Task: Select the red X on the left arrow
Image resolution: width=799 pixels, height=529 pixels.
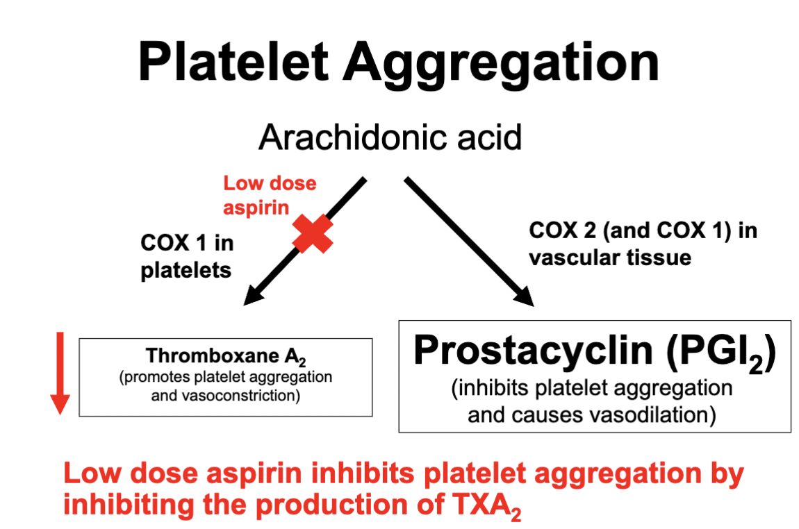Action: [313, 233]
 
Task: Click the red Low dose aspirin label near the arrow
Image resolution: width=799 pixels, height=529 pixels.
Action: [269, 195]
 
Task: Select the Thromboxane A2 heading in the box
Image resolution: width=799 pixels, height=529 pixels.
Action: [226, 357]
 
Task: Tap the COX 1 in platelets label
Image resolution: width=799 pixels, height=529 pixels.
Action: [187, 256]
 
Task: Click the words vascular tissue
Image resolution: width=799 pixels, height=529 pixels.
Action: [610, 258]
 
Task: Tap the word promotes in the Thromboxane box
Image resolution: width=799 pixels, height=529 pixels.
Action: [153, 378]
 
